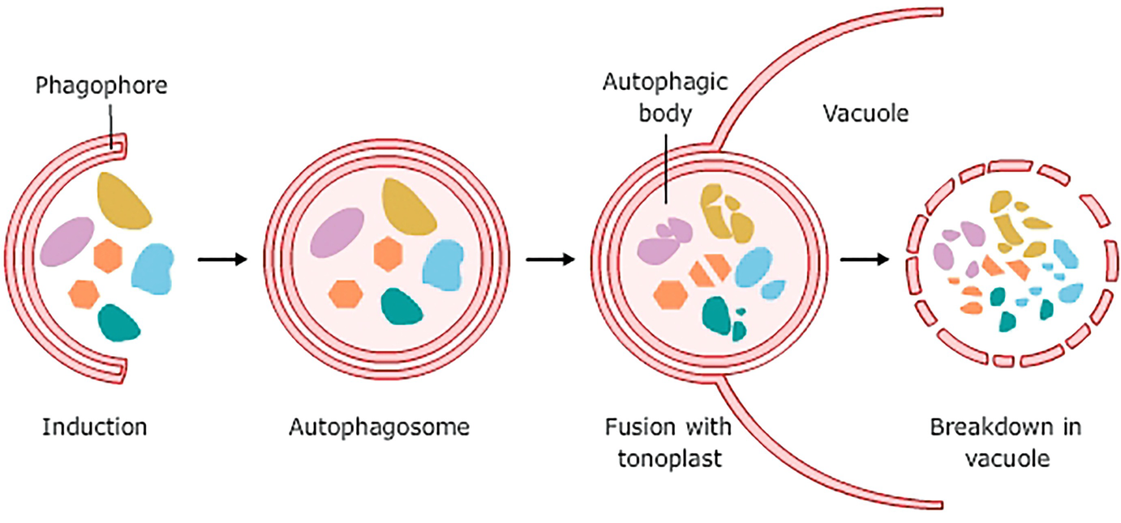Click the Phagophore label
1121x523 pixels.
coord(101,85)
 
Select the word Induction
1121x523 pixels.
coord(95,427)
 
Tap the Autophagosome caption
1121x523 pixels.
coord(379,427)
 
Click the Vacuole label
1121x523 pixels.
coord(865,113)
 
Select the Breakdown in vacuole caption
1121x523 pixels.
coord(1006,441)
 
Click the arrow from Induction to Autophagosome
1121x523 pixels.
coord(221,260)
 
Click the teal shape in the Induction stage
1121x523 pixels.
coord(119,322)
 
